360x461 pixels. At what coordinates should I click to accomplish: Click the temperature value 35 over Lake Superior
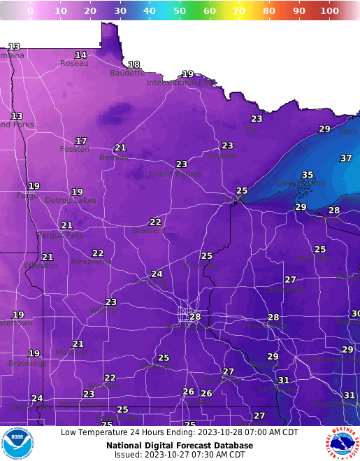pyautogui.click(x=308, y=175)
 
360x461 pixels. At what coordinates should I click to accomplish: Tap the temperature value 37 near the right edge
pyautogui.click(x=346, y=159)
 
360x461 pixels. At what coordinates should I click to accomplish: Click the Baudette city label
pyautogui.click(x=127, y=73)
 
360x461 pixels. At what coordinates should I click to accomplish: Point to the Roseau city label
pyautogui.click(x=74, y=63)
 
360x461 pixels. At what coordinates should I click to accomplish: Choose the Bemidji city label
pyautogui.click(x=115, y=157)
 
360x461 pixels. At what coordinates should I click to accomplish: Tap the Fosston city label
pyautogui.click(x=75, y=149)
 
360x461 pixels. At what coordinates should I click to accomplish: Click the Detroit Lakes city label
pyautogui.click(x=71, y=200)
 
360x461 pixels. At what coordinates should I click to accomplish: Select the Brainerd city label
pyautogui.click(x=149, y=230)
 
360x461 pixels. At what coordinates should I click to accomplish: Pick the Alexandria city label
pyautogui.click(x=91, y=262)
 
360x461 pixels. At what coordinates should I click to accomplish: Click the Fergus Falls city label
pyautogui.click(x=59, y=234)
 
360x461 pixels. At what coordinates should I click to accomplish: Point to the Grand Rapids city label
pyautogui.click(x=175, y=174)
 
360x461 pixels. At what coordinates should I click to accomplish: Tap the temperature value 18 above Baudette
pyautogui.click(x=134, y=64)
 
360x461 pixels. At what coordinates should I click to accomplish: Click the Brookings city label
pyautogui.click(x=27, y=363)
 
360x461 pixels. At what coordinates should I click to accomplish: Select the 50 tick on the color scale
pyautogui.click(x=180, y=11)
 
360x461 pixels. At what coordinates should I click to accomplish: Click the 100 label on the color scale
pyautogui.click(x=329, y=11)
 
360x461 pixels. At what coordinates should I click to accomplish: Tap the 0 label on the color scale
pyautogui.click(x=30, y=11)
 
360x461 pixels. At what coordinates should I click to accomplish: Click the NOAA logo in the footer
pyautogui.click(x=17, y=443)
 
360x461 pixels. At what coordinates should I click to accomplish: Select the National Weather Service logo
pyautogui.click(x=341, y=443)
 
